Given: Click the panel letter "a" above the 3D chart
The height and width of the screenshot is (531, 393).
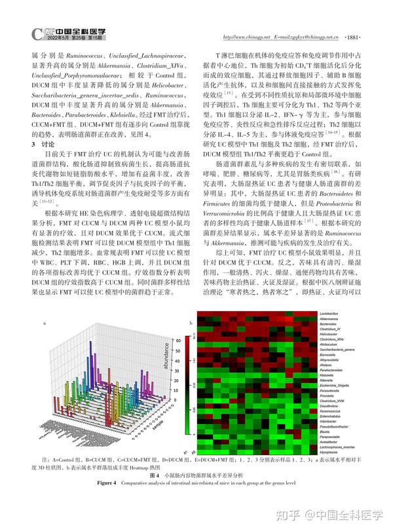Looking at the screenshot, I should [44, 323].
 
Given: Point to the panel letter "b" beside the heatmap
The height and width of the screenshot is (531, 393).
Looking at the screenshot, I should [191, 323].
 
